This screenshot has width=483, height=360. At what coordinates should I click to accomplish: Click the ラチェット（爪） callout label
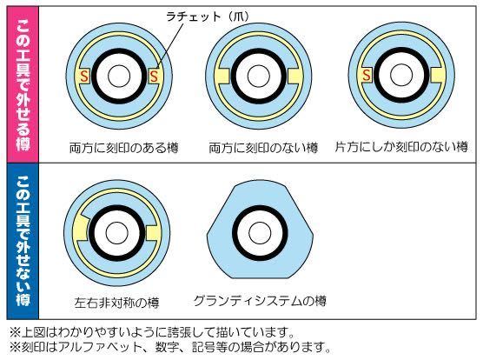(x=208, y=16)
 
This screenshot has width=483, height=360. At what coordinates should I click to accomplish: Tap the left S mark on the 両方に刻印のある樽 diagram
(x=84, y=76)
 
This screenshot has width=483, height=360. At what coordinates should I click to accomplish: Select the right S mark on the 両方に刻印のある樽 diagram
(x=154, y=76)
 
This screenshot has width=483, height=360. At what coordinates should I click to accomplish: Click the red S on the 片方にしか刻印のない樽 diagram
(x=367, y=75)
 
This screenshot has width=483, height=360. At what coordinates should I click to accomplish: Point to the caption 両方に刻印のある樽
(x=124, y=148)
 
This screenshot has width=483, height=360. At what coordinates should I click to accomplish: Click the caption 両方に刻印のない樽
(x=263, y=148)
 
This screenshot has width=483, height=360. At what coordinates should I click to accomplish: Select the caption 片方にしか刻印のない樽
(x=401, y=147)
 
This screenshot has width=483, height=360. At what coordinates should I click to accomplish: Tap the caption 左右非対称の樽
(x=116, y=303)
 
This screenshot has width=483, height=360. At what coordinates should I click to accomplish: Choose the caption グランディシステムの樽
(x=260, y=301)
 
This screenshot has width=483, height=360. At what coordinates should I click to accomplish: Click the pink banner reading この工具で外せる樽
(x=23, y=84)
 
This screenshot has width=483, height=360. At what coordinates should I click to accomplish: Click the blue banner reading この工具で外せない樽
(x=23, y=241)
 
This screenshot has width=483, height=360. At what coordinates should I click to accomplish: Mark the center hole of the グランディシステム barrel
(x=260, y=233)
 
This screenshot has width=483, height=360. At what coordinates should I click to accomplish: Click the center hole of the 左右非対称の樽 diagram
(x=116, y=233)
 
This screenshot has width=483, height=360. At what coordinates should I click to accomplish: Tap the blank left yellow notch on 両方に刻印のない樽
(x=222, y=77)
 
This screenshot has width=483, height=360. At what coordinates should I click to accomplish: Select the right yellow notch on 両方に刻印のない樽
(x=295, y=77)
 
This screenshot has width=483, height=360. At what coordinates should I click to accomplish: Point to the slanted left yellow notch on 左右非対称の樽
(x=81, y=227)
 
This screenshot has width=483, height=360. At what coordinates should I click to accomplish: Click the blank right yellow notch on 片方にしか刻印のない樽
(x=438, y=75)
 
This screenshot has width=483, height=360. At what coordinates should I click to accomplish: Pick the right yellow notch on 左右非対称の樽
(x=153, y=233)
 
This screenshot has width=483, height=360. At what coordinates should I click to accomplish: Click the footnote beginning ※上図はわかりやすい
(x=152, y=332)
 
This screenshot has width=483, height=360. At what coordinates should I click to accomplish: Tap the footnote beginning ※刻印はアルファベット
(x=169, y=347)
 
